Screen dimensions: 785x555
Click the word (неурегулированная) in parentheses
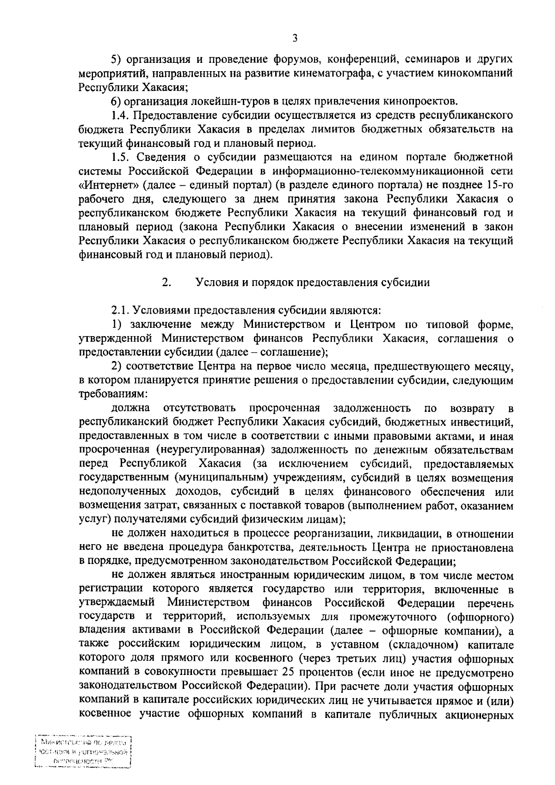(210, 449)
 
